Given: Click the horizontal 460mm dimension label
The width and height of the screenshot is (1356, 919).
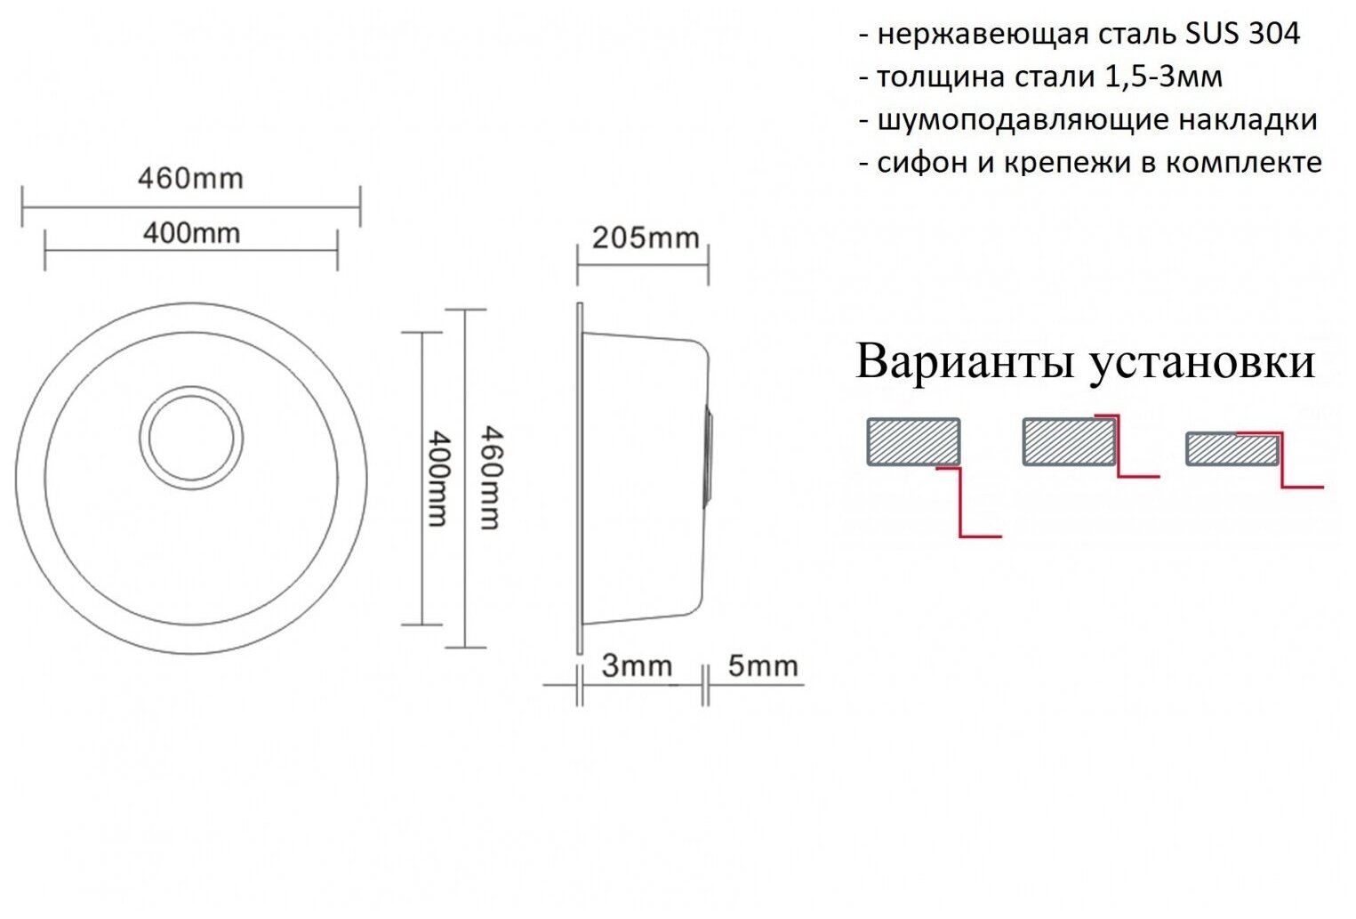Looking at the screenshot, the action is coord(190,179).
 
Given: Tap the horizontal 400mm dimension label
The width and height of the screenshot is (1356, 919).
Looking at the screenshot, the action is coord(191,233).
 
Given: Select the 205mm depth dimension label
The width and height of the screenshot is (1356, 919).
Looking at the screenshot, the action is coord(646,238).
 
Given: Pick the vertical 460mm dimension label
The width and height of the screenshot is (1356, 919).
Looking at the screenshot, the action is coord(491,478).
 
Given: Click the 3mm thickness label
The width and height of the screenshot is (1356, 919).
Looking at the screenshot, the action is coord(637,666).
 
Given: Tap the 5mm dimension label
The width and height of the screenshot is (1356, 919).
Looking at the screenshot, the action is coord(762,666).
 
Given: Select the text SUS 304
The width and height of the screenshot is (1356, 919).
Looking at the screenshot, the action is coord(1242,34).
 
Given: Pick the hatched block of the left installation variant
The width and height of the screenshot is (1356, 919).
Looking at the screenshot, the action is coord(913,441).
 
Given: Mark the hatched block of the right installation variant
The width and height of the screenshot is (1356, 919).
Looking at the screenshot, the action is coord(1232,449).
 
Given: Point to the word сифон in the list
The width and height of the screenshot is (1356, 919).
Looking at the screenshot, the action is coord(917,163).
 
